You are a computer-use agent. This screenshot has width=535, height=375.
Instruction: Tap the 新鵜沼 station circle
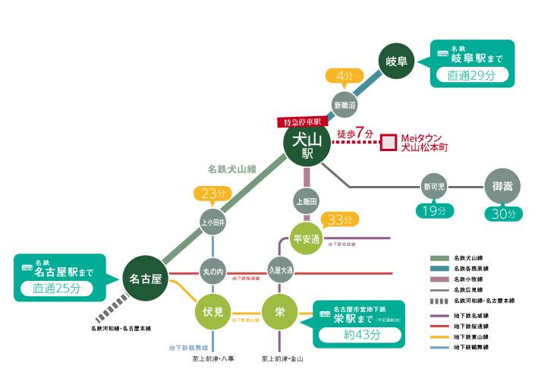click(345, 104)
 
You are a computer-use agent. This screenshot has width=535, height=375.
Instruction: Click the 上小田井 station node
click(213, 222)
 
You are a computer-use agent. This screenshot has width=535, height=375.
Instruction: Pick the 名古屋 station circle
click(146, 279)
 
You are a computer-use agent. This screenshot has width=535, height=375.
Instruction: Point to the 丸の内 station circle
click(213, 271)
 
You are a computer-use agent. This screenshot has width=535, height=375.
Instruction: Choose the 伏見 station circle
click(212, 312)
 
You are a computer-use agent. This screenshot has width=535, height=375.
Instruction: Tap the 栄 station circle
click(280, 312)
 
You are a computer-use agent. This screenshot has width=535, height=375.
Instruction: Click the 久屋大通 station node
click(280, 271)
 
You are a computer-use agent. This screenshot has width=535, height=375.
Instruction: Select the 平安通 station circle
click(307, 239)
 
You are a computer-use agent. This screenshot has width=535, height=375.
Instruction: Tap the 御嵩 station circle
click(503, 185)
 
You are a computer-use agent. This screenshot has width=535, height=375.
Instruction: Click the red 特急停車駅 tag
click(301, 121)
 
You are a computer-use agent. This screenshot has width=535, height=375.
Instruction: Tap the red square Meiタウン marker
click(389, 142)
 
